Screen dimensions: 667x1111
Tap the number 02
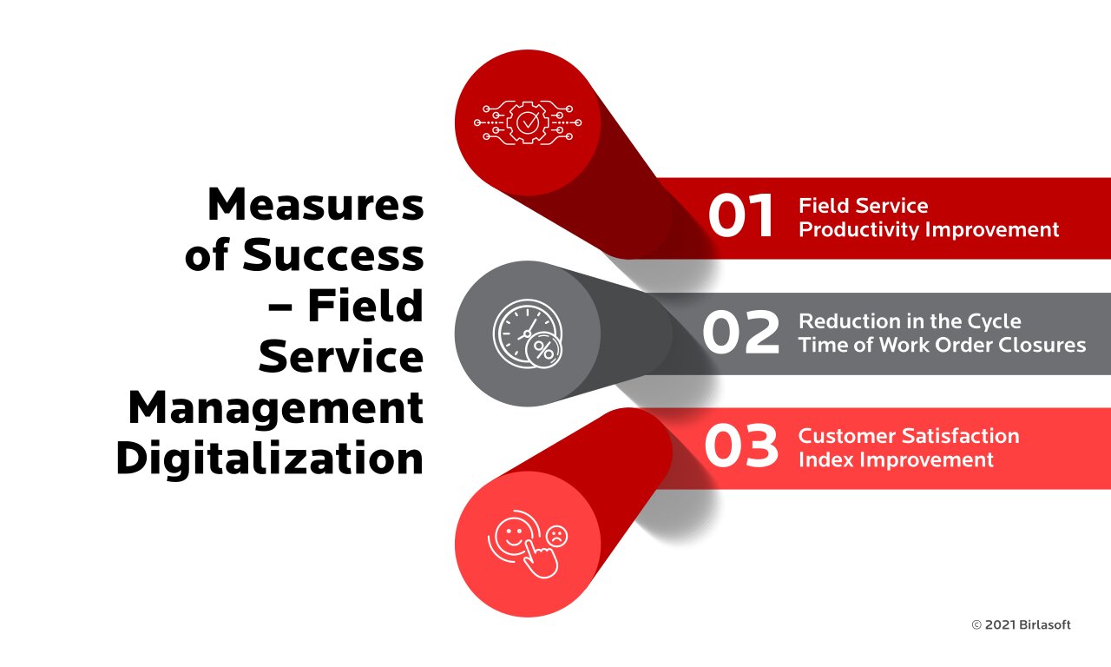740,333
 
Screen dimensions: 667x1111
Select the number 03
740,447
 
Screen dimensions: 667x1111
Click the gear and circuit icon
528,123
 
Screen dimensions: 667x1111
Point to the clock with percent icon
528,333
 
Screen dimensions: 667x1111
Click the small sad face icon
556,536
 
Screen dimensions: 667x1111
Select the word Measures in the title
315,205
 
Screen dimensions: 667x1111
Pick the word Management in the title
275,407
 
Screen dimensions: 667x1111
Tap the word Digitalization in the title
269,459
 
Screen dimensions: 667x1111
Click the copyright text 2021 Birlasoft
1021,624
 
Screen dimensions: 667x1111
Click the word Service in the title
341,357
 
